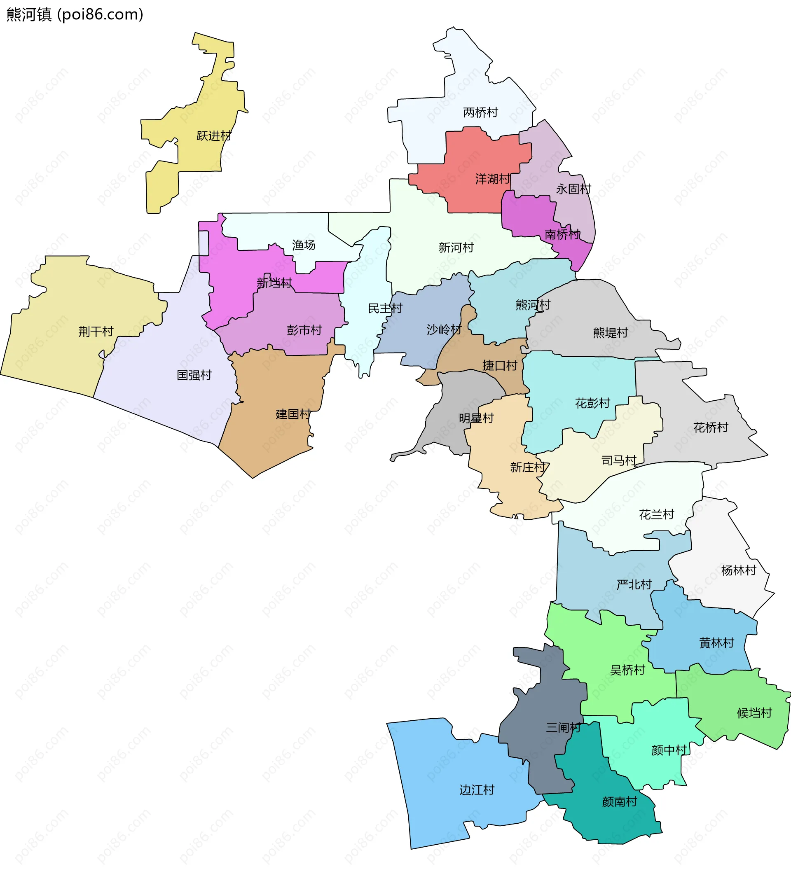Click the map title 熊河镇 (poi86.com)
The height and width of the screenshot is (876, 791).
pos(75,15)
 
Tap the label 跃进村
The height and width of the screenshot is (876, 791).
pos(214,136)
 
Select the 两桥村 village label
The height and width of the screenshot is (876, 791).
pos(480,112)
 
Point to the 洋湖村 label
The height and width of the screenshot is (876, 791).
pos(492,179)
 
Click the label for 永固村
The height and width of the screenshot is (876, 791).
pos(573,189)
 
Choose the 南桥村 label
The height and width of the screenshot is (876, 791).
pos(562,235)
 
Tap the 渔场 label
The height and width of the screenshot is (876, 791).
pos(303,245)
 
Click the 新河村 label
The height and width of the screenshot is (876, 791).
pos(456,248)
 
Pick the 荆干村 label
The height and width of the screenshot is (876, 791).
pos(96,332)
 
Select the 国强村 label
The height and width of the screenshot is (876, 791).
pos(194,375)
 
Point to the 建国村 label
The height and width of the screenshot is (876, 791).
pos(293,414)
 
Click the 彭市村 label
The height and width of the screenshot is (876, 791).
pos(304,330)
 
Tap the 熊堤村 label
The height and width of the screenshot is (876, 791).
pos(611,333)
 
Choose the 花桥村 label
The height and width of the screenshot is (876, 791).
pos(711,427)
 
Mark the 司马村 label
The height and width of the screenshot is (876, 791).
pos(619,460)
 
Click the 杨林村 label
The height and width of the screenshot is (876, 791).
pos(739,570)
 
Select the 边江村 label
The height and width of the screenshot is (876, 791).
pos(477,790)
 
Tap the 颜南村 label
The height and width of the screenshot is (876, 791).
pos(619,802)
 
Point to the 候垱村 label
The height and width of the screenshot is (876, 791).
pos(754,713)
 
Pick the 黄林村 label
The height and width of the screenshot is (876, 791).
pos(717,642)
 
